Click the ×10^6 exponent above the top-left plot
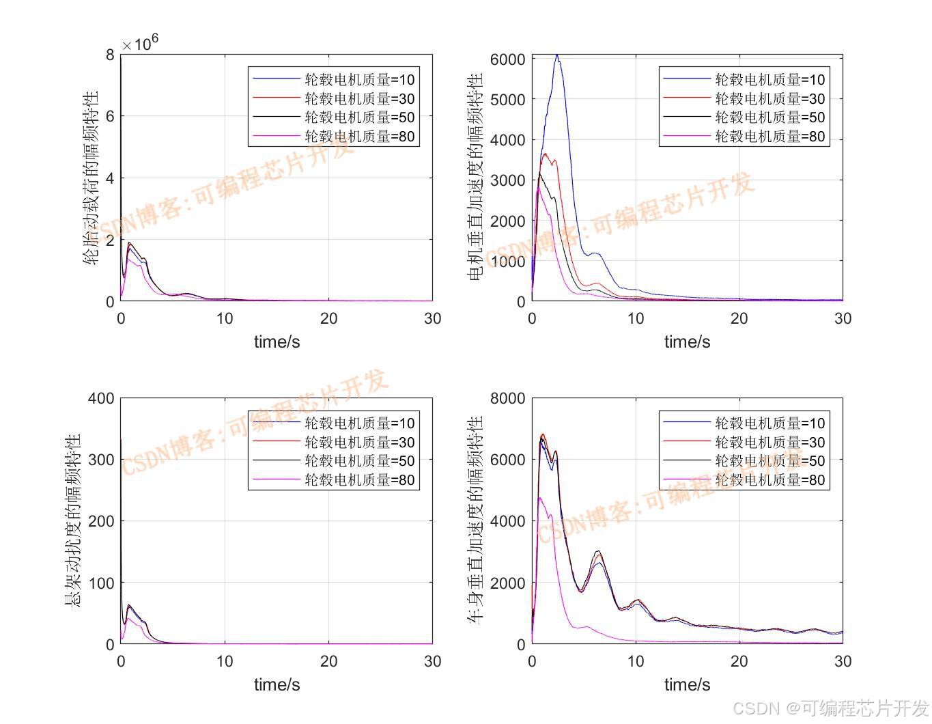[141, 43]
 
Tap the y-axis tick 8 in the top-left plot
[111, 55]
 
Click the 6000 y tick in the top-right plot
[507, 59]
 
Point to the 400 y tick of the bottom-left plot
[101, 398]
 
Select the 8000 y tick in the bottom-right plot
[507, 398]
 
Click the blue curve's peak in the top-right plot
[557, 55]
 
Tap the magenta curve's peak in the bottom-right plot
[540, 498]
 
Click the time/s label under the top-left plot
[277, 342]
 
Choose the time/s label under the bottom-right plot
[687, 684]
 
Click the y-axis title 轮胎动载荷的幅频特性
[91, 178]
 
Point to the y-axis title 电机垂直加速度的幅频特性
[475, 178]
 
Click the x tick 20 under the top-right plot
[739, 318]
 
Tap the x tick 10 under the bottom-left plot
[225, 661]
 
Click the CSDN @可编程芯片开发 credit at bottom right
[831, 708]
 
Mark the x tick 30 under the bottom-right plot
[843, 661]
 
